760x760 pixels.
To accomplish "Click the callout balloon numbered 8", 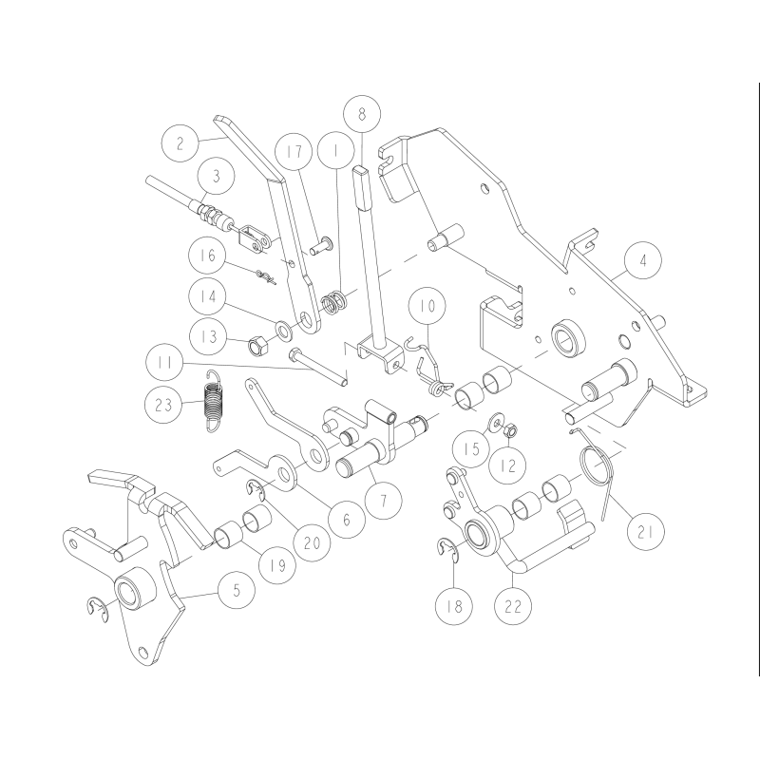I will click(x=362, y=113).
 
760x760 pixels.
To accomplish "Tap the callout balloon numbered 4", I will click(x=644, y=259).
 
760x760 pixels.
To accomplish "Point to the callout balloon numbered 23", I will click(x=167, y=404).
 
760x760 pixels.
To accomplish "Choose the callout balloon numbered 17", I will click(x=294, y=151).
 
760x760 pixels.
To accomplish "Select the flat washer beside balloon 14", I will click(x=283, y=331).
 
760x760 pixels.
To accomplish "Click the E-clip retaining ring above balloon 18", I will click(x=449, y=549).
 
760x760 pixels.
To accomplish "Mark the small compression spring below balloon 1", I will click(x=332, y=304).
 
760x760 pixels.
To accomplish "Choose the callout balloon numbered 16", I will click(x=209, y=256).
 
